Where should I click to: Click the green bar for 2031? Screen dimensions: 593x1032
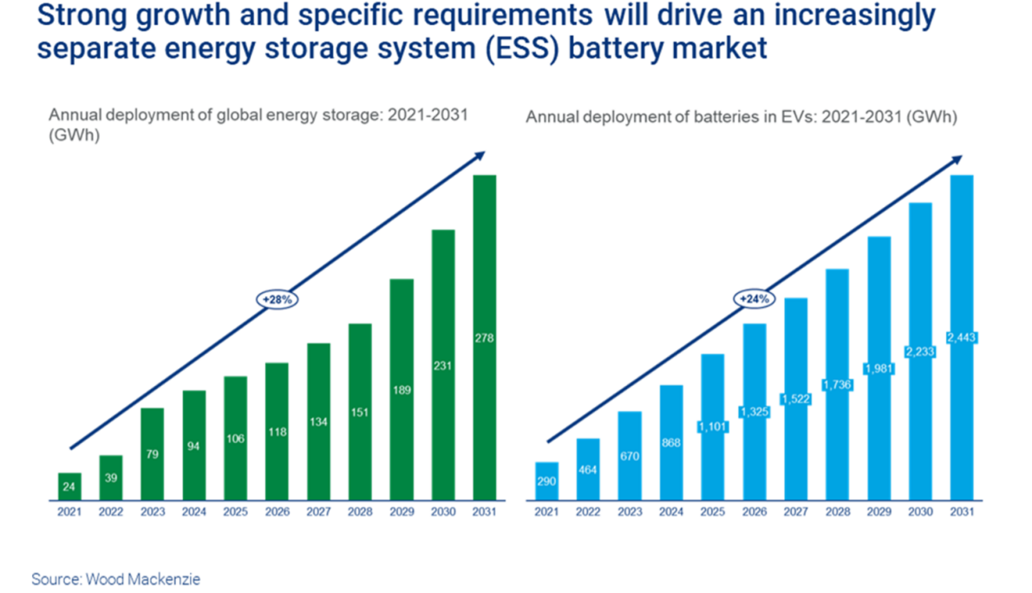484,338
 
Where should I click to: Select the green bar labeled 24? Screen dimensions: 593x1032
69,486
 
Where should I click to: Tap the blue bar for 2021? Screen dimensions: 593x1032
547,481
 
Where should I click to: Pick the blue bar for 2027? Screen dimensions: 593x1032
796,399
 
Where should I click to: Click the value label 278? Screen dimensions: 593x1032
484,338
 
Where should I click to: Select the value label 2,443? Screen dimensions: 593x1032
962,338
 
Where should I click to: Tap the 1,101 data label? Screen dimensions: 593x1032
713,427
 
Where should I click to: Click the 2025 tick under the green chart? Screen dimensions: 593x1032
235,512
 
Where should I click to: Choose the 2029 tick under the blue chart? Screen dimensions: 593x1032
879,512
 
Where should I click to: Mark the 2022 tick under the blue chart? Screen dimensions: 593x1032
588,512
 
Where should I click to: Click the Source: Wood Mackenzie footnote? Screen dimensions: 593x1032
115,579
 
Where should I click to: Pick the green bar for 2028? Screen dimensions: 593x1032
360,412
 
